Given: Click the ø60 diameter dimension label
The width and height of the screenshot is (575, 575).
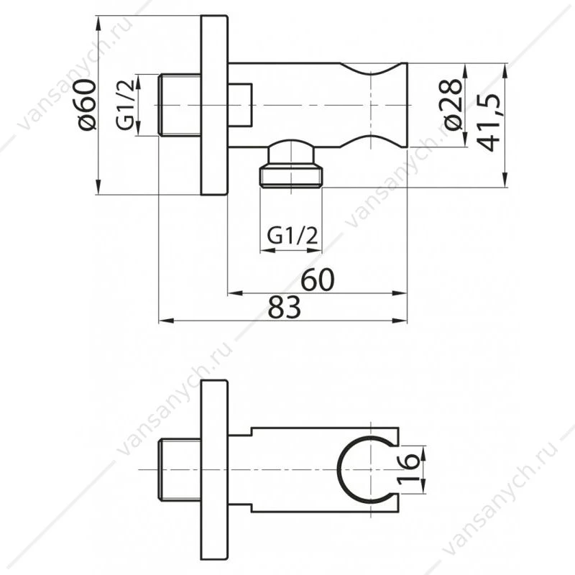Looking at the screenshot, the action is point(87,104).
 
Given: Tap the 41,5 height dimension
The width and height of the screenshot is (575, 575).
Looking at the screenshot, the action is point(489,123).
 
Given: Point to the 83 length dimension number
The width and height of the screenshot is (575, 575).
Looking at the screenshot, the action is point(284,308).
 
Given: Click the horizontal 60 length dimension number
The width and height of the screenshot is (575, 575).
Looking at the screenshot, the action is point(318,280).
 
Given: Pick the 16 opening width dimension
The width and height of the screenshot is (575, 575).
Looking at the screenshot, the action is point(408,469).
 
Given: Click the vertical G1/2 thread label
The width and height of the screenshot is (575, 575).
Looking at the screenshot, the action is point(125,106).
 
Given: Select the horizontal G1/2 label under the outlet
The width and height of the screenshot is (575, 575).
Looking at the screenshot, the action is point(292,236).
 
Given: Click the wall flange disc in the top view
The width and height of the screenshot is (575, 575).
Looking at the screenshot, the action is point(214,105).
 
